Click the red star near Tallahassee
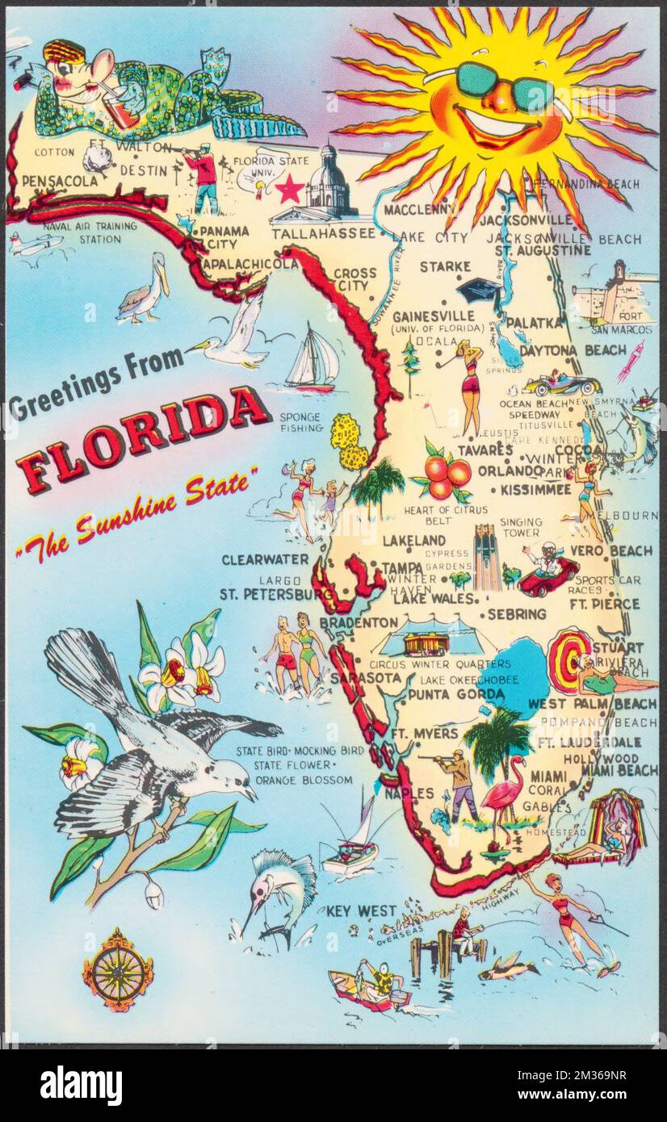tap(289, 190)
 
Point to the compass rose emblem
tap(118, 968)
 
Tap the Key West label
tap(361, 911)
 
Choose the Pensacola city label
tap(61, 180)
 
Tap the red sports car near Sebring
tap(549, 574)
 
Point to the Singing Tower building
tap(487, 557)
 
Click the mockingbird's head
tap(230, 780)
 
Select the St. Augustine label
tap(543, 251)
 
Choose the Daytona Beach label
tap(573, 350)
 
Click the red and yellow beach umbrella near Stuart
tap(569, 659)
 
